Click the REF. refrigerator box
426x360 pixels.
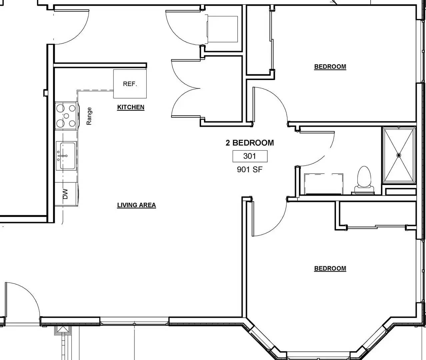pyautogui.click(x=130, y=84)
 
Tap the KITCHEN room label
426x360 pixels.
pyautogui.click(x=131, y=107)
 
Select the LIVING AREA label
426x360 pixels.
pyautogui.click(x=136, y=205)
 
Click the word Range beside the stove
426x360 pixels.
pyautogui.click(x=89, y=116)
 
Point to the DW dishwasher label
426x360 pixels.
pyautogui.click(x=65, y=194)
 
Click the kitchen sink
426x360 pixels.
pyautogui.click(x=66, y=156)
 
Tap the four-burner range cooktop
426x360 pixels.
pyautogui.click(x=66, y=116)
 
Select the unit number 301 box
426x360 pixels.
pyautogui.click(x=250, y=156)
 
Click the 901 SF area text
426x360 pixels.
pyautogui.click(x=250, y=169)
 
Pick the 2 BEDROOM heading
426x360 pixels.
pyautogui.click(x=250, y=143)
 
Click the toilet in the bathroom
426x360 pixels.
pyautogui.click(x=364, y=180)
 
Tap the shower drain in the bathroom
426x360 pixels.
pyautogui.click(x=398, y=155)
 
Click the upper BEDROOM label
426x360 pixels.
pyautogui.click(x=330, y=67)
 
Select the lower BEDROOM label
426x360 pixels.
pyautogui.click(x=330, y=268)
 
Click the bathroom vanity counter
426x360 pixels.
pyautogui.click(x=323, y=184)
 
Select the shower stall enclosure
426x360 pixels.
pyautogui.click(x=399, y=155)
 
